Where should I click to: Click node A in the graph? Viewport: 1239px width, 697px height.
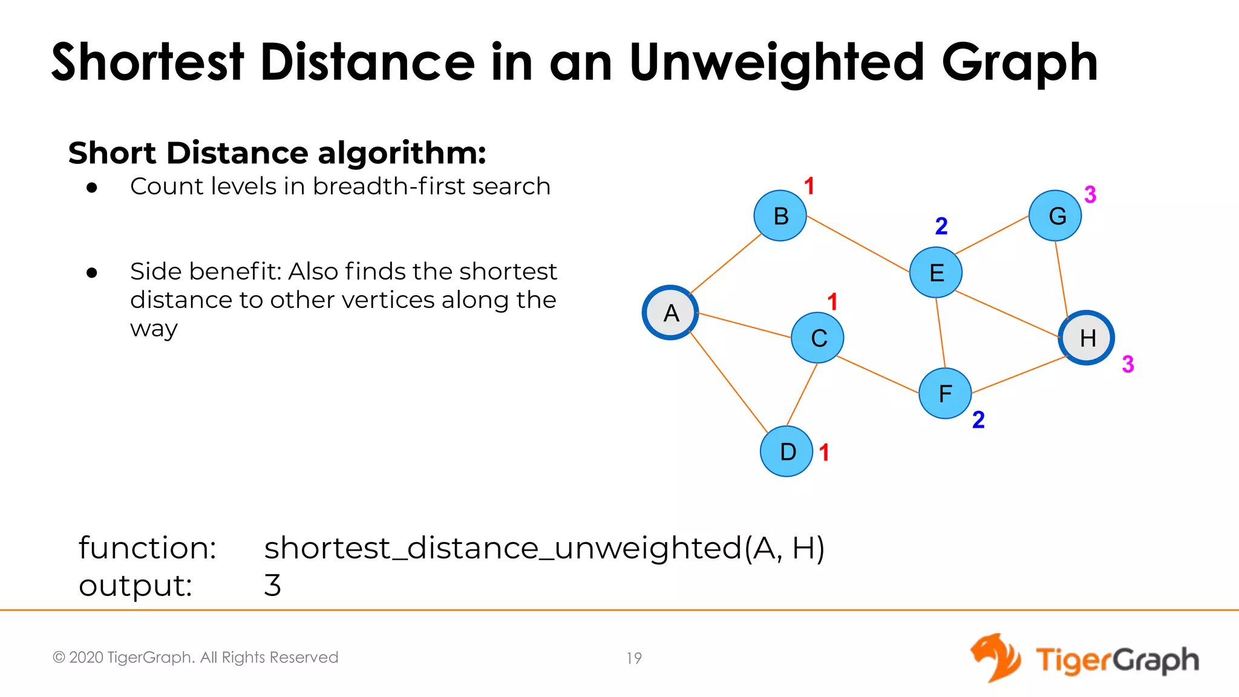670,313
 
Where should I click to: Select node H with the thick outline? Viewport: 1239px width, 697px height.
1087,338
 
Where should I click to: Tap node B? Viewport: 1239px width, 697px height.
780,216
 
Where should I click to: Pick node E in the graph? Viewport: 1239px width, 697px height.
936,273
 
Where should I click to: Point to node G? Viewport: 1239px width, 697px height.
1056,216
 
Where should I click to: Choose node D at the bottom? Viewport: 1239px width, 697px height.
786,451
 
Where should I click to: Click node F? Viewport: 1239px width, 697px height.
945,393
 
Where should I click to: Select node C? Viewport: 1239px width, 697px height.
818,338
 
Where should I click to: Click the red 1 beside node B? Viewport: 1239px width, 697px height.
809,186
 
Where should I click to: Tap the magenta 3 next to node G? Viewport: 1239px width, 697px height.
1090,195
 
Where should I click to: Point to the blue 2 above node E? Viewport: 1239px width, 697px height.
941,226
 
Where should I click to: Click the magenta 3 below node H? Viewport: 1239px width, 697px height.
1128,364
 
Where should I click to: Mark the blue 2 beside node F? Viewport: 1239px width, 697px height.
978,420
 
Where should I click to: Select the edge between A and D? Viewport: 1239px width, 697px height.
728,382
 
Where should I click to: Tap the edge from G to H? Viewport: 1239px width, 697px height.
1062,277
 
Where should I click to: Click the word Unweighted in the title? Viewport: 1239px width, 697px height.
777,64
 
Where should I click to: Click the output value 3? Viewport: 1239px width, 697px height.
273,585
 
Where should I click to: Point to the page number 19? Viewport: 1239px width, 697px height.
634,658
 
